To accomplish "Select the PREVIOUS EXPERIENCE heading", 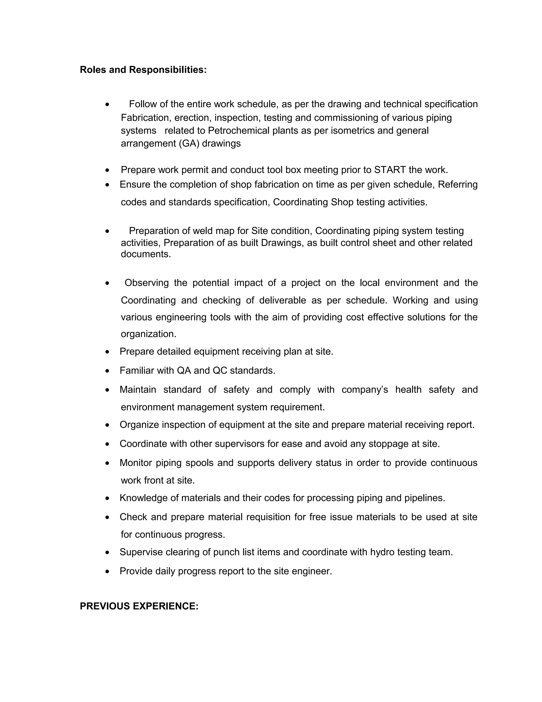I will point(139,606).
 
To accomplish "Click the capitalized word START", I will point(390,170).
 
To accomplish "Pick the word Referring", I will point(458,184).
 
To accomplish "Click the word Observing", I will point(146,283).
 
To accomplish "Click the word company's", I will point(365,390).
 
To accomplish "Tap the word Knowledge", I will point(143,498).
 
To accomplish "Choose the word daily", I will point(165,571).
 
